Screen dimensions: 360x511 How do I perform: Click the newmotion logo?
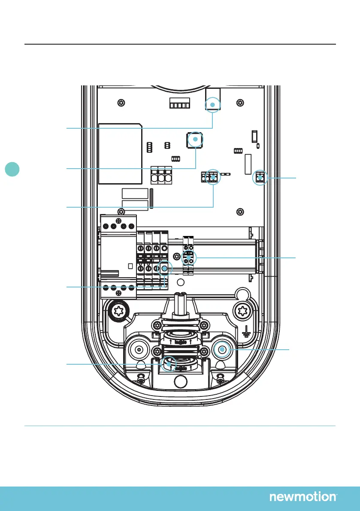[303, 497]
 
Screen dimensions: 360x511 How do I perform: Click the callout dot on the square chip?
[195, 140]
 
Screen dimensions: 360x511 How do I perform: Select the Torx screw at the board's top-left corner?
[122, 103]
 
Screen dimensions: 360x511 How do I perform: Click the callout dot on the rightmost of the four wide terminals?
[164, 269]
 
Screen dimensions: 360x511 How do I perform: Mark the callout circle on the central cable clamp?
[169, 364]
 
